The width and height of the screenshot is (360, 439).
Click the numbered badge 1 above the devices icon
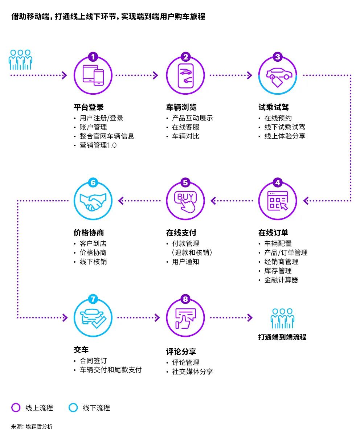coord(93,57)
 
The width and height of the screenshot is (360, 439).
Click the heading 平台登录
coord(89,107)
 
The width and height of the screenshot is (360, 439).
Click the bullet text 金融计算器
coord(281,280)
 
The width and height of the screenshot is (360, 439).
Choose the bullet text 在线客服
coord(185,127)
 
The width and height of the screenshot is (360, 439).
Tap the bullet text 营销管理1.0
coord(98,145)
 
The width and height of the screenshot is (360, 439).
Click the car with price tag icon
coord(278,76)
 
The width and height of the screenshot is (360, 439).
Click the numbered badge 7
coord(93,299)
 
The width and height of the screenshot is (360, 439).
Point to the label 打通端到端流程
coord(282,337)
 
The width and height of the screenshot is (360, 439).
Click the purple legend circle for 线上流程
coord(16,407)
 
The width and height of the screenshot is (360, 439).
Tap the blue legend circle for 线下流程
coord(73,407)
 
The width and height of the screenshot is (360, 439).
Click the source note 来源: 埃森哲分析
coord(32,426)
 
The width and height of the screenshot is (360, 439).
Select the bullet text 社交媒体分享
coord(192,372)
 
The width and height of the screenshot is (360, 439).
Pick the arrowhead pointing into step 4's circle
coord(306,200)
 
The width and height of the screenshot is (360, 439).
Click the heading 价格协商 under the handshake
coord(89,233)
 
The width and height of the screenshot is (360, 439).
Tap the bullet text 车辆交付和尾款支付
coord(110,370)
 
